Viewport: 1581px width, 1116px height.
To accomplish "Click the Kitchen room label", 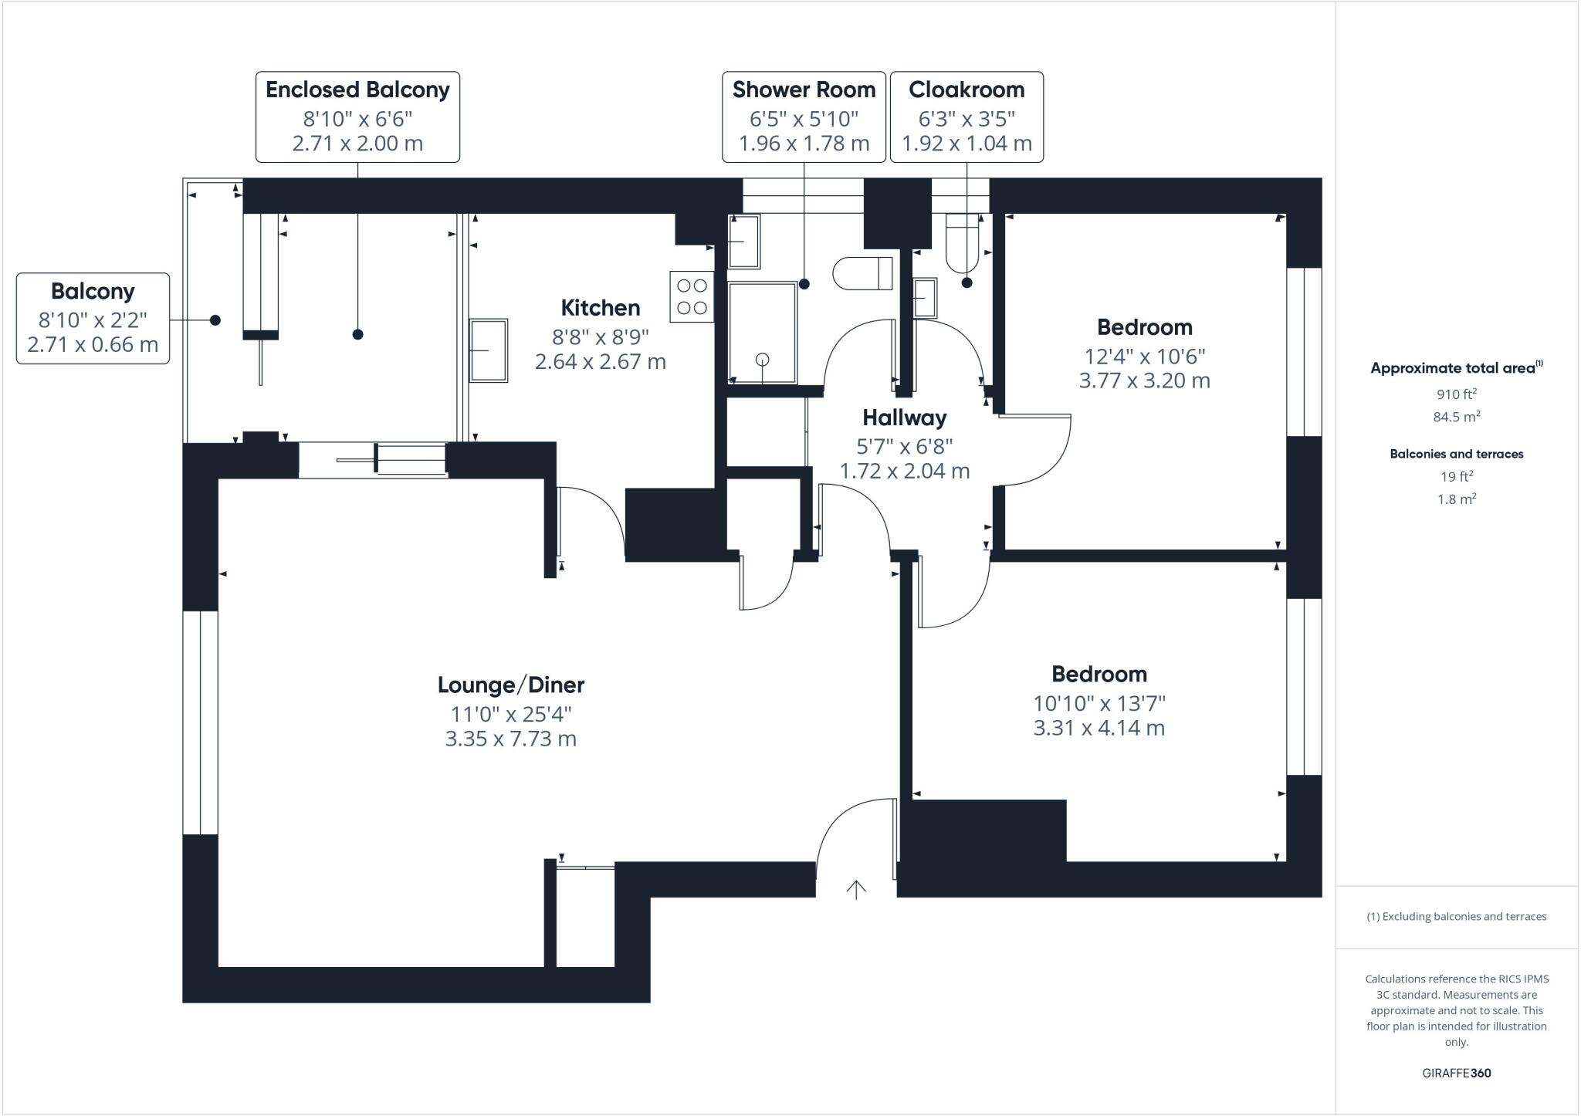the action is [x=601, y=308].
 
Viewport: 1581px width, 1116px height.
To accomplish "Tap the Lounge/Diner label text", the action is [x=511, y=685].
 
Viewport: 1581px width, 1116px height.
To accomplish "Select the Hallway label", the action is [x=904, y=418].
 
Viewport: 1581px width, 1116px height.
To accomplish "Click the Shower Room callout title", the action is [x=804, y=90].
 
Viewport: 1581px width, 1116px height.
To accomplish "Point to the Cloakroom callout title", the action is [x=967, y=90].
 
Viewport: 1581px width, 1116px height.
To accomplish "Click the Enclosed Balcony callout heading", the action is [x=357, y=90].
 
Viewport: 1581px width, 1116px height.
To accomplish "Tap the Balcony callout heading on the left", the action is [x=93, y=291].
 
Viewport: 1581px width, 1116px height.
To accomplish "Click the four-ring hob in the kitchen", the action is [x=692, y=296].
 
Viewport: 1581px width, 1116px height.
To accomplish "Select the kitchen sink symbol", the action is [x=489, y=350].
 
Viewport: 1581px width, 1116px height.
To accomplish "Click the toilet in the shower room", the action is [x=863, y=273].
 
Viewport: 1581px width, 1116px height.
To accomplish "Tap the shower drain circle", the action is [x=763, y=359].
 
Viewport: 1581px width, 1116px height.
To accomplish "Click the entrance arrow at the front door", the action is [x=855, y=890].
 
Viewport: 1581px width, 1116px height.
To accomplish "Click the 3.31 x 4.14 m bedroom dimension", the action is [x=1099, y=728].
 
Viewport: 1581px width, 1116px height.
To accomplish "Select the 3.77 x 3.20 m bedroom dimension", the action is [x=1144, y=380].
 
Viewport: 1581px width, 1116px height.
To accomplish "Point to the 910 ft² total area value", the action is [x=1457, y=394].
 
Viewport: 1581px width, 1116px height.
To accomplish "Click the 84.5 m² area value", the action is [x=1457, y=417].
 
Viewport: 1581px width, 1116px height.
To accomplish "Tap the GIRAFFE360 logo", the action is [x=1457, y=1073].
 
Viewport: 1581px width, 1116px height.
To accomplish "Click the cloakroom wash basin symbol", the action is [x=925, y=298].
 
